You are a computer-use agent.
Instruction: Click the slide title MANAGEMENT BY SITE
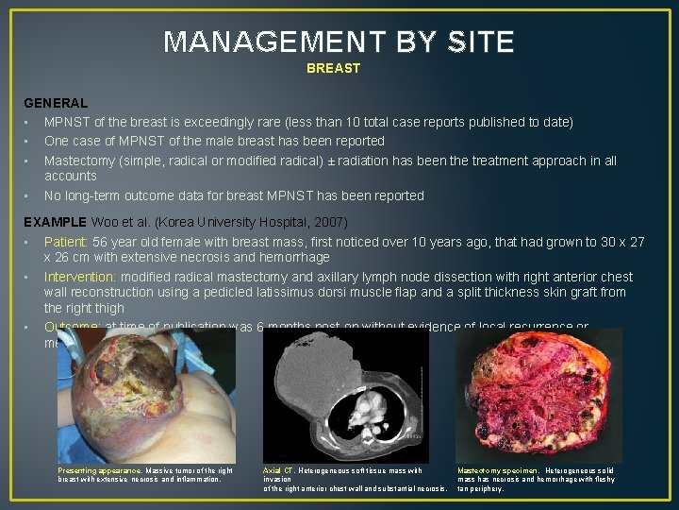tap(339, 42)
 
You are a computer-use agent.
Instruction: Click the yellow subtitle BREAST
tap(333, 69)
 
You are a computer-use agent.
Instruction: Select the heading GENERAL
tap(56, 102)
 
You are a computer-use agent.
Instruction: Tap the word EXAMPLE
tap(56, 221)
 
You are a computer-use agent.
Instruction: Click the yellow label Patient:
tap(68, 242)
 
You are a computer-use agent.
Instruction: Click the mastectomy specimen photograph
tap(538, 395)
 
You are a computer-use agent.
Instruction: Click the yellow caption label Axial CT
tap(277, 469)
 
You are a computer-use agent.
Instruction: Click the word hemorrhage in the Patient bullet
tap(295, 257)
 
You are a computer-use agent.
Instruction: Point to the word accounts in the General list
tap(70, 176)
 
